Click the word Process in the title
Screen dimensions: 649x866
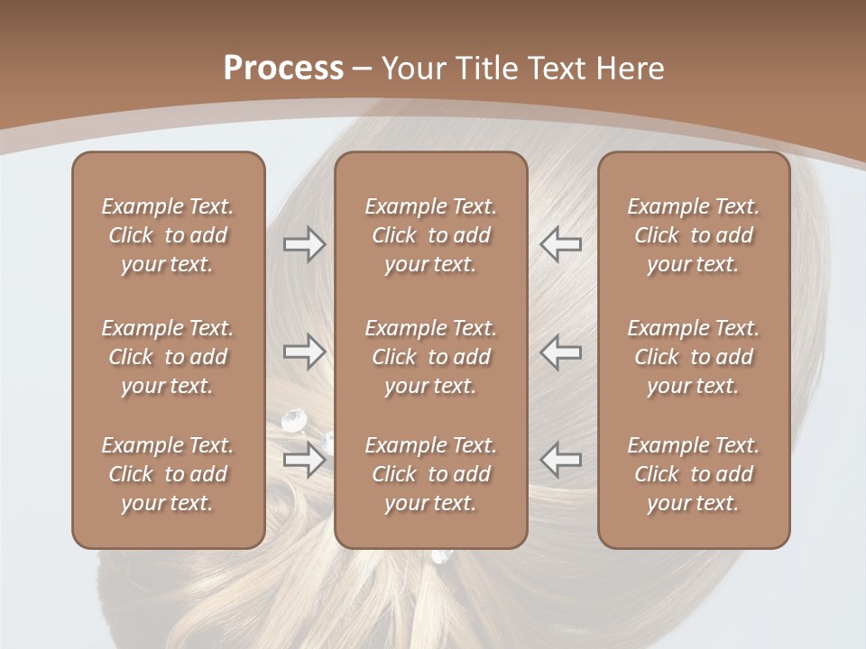pos(283,69)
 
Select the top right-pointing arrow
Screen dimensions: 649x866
pos(304,244)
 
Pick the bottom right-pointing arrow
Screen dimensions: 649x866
pos(304,460)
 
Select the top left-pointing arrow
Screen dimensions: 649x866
pos(560,244)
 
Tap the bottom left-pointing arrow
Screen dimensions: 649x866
pos(560,460)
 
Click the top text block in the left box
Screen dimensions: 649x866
pos(168,235)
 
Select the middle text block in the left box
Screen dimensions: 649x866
pos(168,357)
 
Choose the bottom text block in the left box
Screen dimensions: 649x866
pos(168,474)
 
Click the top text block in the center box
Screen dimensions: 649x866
pos(430,235)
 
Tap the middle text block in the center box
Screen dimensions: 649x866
pos(430,357)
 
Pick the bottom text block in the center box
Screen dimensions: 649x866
pos(430,474)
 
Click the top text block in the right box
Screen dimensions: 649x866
pos(693,235)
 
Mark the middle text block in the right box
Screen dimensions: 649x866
pos(693,357)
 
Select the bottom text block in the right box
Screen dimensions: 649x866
pos(693,474)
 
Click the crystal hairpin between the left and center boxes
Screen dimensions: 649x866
pos(295,420)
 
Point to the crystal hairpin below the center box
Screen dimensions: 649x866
pos(441,556)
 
